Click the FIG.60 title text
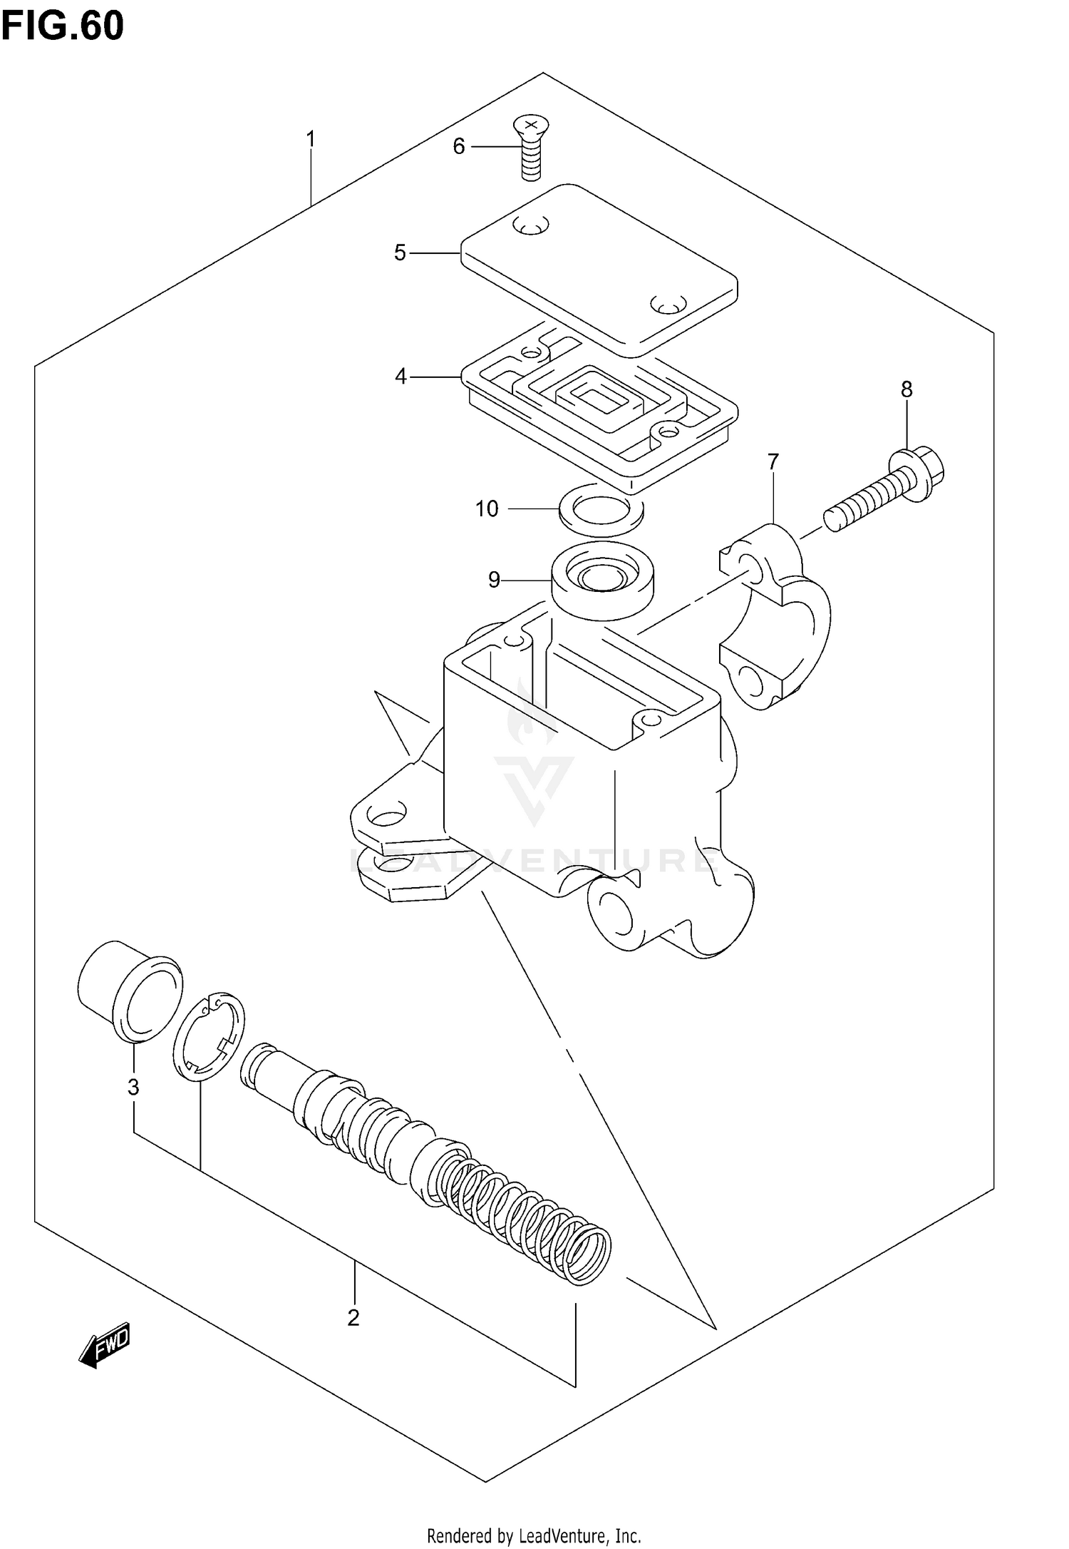62,26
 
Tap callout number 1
310,138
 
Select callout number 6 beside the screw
458,146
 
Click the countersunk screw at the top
528,148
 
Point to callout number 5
400,252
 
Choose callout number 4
401,376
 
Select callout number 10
487,508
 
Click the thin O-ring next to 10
601,508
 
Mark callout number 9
494,579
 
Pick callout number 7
773,461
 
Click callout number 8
906,389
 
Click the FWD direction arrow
105,1345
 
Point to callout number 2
353,1318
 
